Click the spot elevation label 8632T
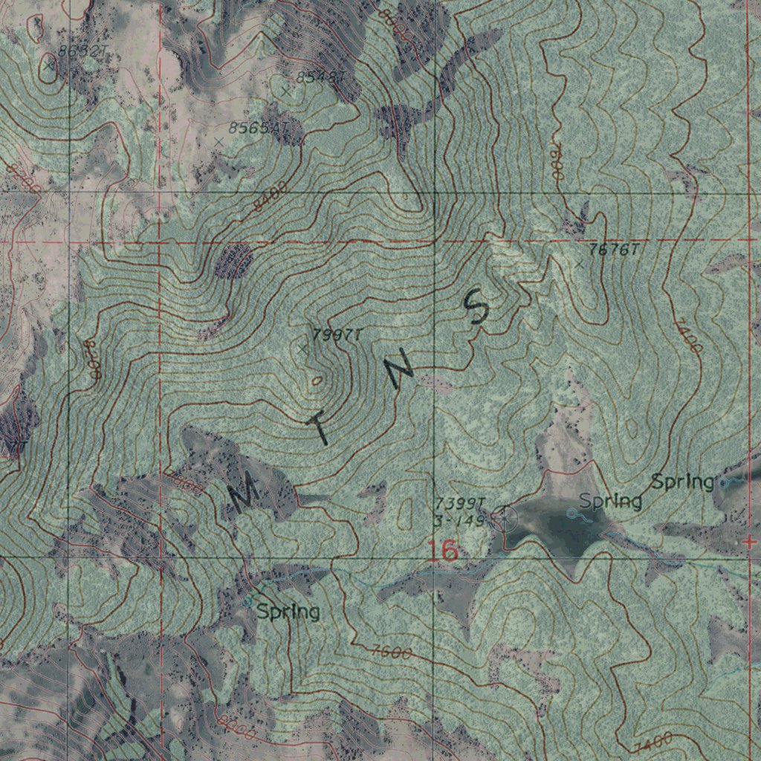tap(82, 51)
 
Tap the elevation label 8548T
tap(321, 77)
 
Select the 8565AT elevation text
tap(257, 128)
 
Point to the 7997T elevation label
tap(337, 335)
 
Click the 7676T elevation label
tap(613, 250)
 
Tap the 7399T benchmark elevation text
tap(460, 505)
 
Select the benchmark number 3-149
tap(458, 521)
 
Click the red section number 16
tap(443, 551)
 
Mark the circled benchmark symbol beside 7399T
tap(506, 516)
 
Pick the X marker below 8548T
tap(287, 91)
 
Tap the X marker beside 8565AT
tap(218, 141)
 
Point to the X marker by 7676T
tap(579, 264)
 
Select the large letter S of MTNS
tap(476, 307)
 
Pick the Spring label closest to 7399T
tap(610, 502)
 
